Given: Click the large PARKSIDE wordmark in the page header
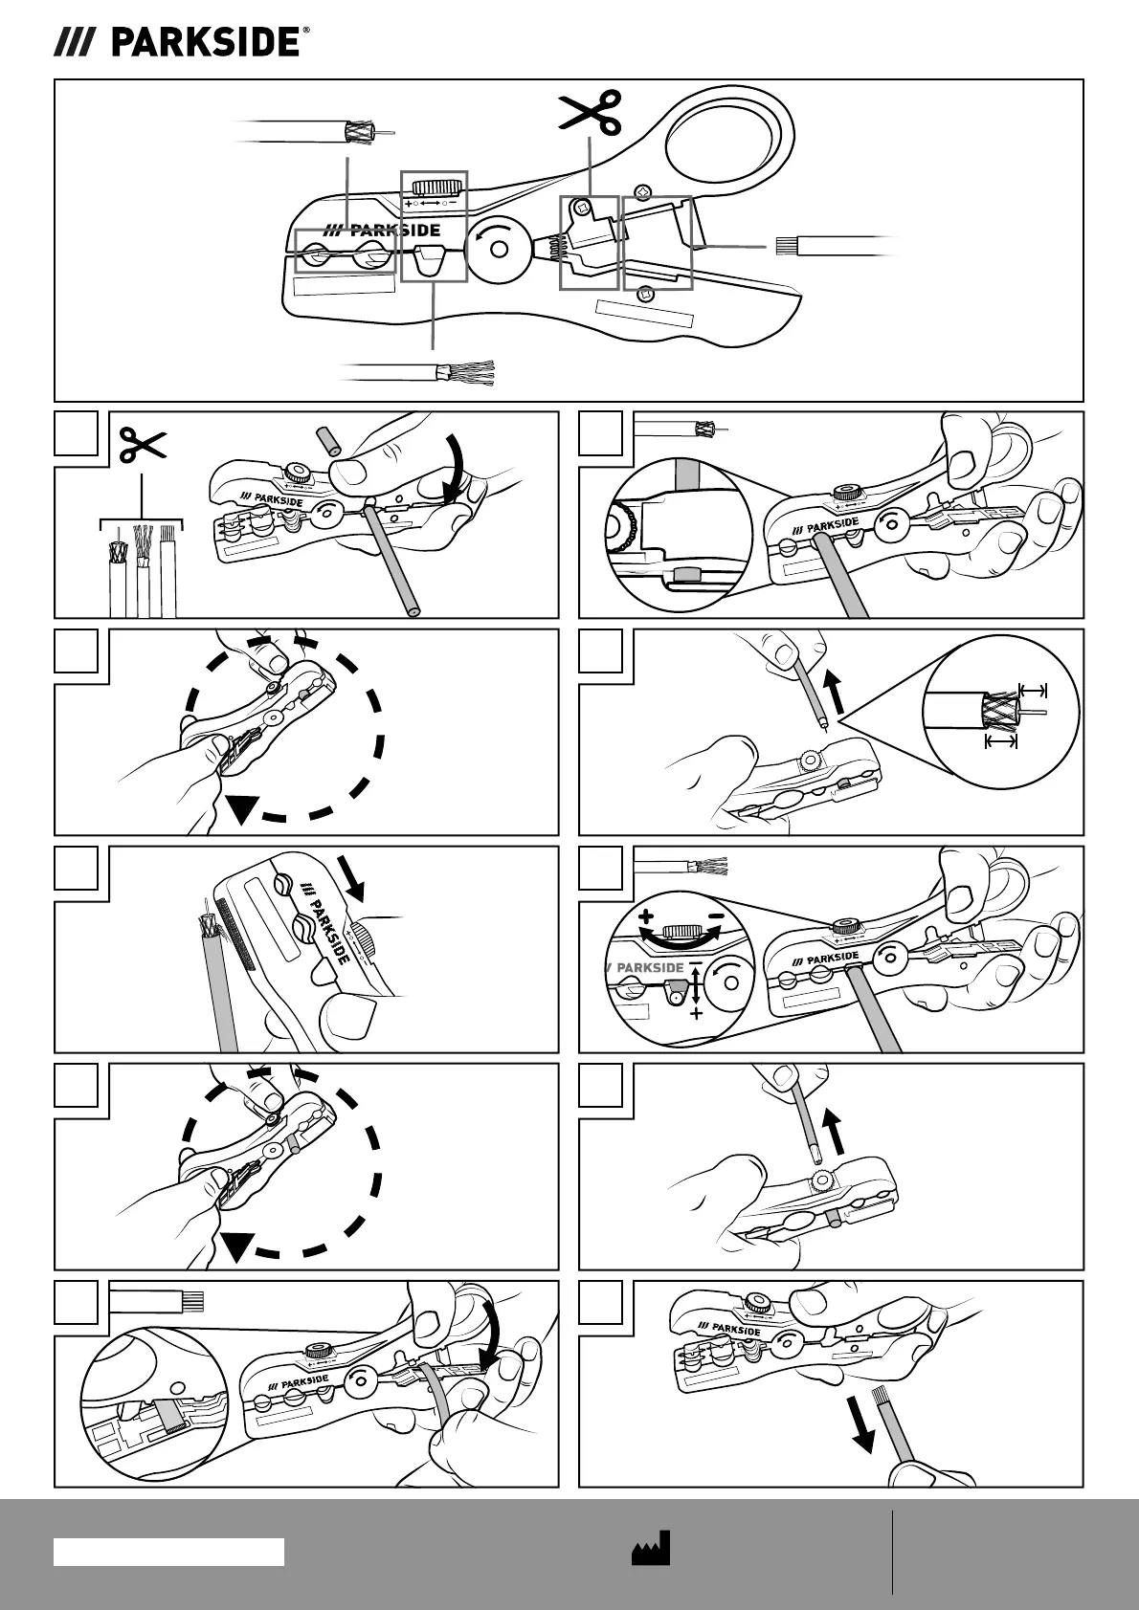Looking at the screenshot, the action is click(x=205, y=42).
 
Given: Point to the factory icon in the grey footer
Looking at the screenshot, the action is click(x=651, y=1548).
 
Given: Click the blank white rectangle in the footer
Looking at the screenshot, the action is click(x=168, y=1552).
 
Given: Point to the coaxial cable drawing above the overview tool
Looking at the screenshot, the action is click(x=316, y=132).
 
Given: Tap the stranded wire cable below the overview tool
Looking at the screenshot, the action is click(x=421, y=374).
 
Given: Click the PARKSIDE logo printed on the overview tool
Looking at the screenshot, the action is click(x=382, y=231).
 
